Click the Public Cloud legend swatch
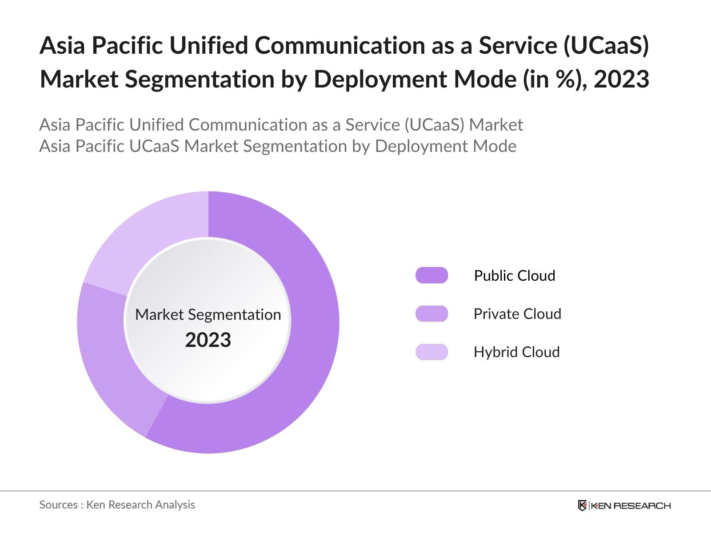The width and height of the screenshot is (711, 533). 431,275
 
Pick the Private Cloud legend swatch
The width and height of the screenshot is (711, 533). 431,314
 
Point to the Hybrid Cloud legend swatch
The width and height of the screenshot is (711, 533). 431,352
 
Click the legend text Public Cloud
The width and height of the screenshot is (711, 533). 514,275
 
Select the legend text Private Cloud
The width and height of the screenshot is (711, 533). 517,314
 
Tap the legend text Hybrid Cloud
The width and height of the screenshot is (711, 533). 516,352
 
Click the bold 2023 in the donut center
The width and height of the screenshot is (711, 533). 208,340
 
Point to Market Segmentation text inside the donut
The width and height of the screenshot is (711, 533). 208,314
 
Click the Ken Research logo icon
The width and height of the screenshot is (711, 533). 582,505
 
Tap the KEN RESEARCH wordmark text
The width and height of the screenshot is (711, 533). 631,505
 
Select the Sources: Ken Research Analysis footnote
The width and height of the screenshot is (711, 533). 117,505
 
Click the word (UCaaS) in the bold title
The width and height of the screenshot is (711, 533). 606,45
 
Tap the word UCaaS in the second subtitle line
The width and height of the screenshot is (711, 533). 154,146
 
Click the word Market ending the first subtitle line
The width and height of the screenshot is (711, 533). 496,125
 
